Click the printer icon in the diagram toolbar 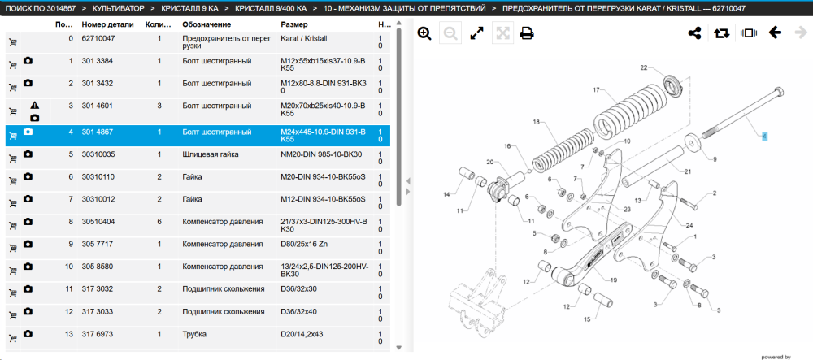[527, 33]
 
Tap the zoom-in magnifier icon [424, 33]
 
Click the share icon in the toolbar [694, 33]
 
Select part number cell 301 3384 [98, 61]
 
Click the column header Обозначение [207, 24]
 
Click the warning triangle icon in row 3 [34, 106]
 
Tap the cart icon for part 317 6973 [13, 338]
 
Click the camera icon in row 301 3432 [28, 83]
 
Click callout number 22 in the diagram [644, 68]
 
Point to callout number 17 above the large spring [596, 89]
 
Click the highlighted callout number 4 [764, 137]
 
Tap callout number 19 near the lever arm [614, 280]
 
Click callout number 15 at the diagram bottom [587, 319]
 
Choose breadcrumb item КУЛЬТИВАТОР [118, 9]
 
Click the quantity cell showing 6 [159, 222]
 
